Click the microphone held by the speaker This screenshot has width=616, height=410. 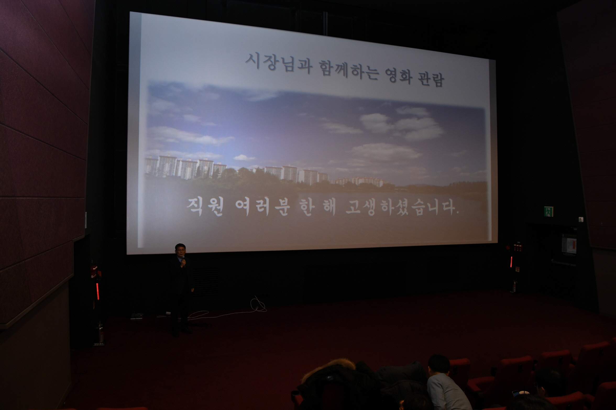[x=184, y=259]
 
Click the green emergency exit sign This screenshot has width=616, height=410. [x=548, y=211]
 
